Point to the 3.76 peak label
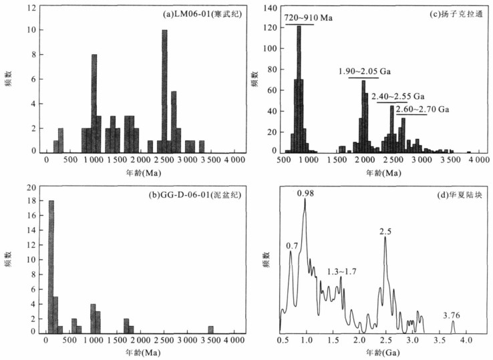[452, 315]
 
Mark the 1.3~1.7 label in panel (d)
[341, 272]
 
